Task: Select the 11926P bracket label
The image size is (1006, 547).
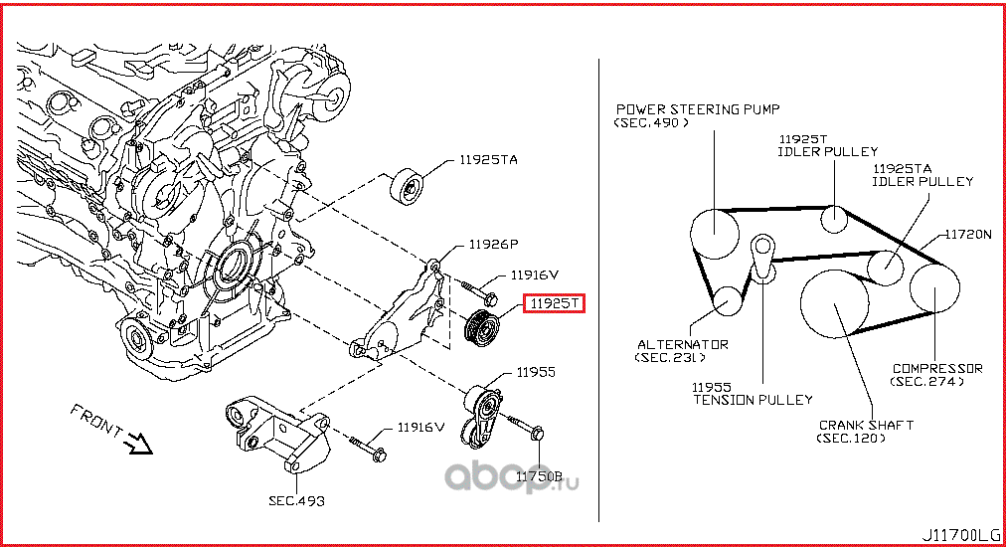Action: coord(480,243)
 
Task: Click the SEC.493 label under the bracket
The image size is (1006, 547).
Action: coord(296,500)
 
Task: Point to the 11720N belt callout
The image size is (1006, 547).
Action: coord(967,235)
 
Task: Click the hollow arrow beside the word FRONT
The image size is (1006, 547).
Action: coord(136,441)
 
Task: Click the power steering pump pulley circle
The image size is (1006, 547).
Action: coord(715,234)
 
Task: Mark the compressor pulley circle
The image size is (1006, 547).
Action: coord(935,287)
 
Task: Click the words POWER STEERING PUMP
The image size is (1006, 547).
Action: coord(698,109)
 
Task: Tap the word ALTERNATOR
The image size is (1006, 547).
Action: coord(683,344)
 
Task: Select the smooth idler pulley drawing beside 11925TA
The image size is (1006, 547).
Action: coord(408,186)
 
